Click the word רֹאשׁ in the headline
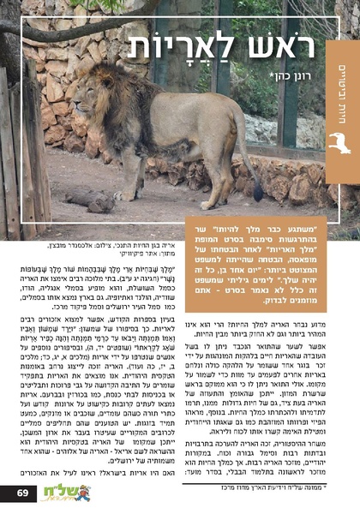coord(286,47)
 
